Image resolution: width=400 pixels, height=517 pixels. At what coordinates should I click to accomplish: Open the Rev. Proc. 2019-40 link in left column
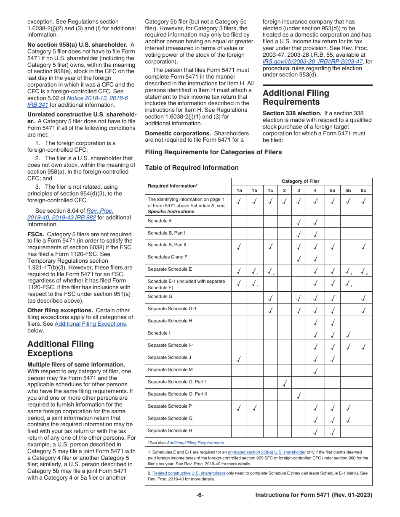100,211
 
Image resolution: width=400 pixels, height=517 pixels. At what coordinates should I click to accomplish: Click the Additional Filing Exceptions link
90,324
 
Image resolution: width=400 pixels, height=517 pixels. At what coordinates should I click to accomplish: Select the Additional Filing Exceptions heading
61,348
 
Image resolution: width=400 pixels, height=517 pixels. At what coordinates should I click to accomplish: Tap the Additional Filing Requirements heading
296,98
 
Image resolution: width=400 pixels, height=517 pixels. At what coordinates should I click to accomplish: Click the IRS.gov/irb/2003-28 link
312,61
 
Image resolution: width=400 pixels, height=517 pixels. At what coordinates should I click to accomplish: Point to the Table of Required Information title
192,168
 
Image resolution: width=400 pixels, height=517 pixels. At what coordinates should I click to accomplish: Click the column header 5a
332,190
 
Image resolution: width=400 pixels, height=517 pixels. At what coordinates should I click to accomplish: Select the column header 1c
270,190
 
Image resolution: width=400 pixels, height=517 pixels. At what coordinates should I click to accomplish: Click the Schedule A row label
160,221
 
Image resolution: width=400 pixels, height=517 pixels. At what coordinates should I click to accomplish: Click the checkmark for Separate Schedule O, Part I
285,383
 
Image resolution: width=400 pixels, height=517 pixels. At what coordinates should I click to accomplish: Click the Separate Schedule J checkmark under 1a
239,359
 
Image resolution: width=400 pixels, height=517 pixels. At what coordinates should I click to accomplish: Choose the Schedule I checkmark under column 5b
348,334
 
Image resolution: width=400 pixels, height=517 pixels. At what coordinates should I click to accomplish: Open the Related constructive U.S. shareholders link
189,473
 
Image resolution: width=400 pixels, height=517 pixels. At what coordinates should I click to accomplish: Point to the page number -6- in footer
200,495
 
